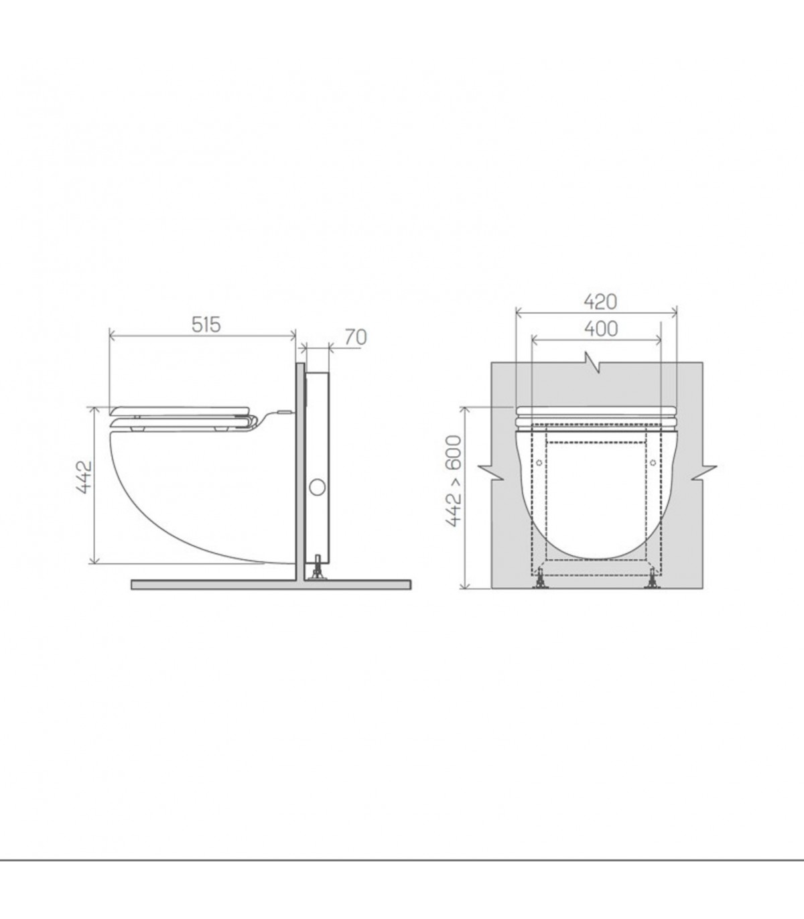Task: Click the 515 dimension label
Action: [x=206, y=324]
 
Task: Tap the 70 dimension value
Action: [x=356, y=338]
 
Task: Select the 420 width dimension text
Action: [x=600, y=302]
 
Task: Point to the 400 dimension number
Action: [x=601, y=329]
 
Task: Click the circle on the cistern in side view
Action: [x=317, y=488]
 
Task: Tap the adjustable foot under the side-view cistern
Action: [x=318, y=569]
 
